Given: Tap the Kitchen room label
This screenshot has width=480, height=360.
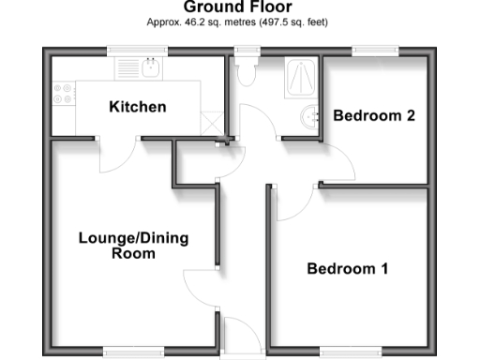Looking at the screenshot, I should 138,107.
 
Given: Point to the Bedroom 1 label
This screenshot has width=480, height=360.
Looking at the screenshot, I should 348,269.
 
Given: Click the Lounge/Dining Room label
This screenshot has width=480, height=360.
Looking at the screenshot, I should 133,246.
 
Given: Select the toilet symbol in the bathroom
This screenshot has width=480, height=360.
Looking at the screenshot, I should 247,71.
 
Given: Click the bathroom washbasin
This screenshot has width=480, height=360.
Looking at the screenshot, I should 309,117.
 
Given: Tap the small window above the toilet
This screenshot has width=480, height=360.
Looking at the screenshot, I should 247,50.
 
